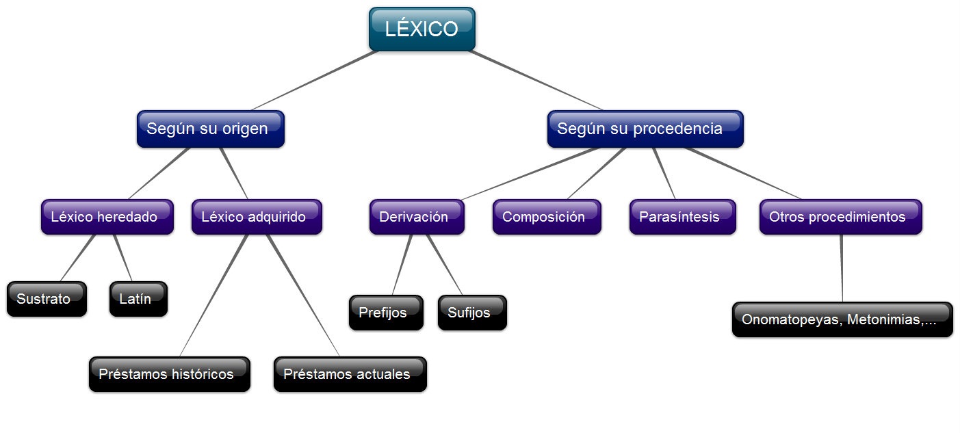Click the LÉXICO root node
tap(421, 29)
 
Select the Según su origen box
tap(210, 129)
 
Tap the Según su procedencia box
tap(645, 129)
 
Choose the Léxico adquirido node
tap(257, 217)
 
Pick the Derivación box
tap(417, 217)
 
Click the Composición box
tap(546, 217)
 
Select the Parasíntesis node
tap(682, 217)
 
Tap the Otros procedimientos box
tap(840, 217)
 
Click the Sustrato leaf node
tap(47, 299)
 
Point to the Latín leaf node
tap(138, 299)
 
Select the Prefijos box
tap(386, 313)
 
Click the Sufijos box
tap(472, 313)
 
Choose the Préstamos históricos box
tap(169, 374)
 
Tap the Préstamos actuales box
tap(350, 374)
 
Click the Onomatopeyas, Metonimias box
tap(842, 319)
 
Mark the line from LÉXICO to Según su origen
tap(315, 80)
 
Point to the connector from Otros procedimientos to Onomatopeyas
tap(842, 268)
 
